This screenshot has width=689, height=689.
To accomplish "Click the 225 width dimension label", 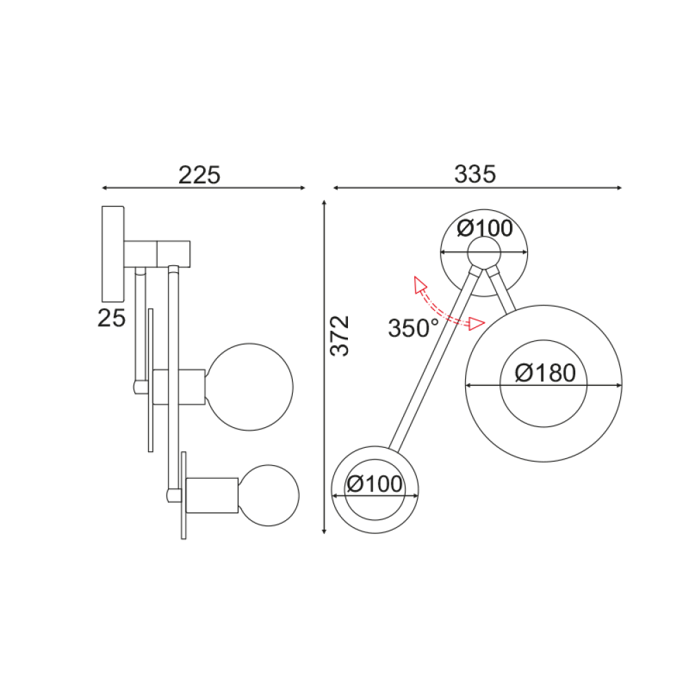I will [x=199, y=175].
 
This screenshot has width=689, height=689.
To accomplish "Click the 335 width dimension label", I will [x=475, y=175].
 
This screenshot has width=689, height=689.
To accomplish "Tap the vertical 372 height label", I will [x=340, y=336].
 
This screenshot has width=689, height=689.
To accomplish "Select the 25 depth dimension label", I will [x=112, y=318].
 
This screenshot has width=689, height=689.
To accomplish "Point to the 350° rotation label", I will [x=413, y=328].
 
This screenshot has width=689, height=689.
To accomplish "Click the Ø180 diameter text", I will [x=544, y=373].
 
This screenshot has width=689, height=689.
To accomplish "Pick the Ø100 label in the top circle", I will [x=485, y=228].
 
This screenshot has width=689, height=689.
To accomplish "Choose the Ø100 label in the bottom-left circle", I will [x=375, y=484].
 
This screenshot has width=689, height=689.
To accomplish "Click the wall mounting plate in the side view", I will [x=112, y=254].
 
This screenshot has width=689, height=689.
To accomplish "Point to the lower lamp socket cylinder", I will [x=210, y=494].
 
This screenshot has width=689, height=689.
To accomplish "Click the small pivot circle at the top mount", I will [x=484, y=253].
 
